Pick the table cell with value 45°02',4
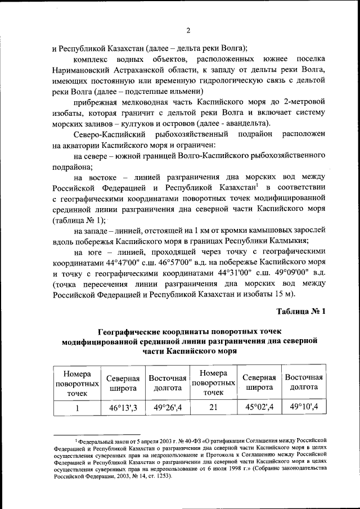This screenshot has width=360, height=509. [259, 407]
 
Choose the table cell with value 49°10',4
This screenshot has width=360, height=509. [304, 407]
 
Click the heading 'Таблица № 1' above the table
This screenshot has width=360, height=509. [301, 311]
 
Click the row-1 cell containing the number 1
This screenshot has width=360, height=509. [76, 407]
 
